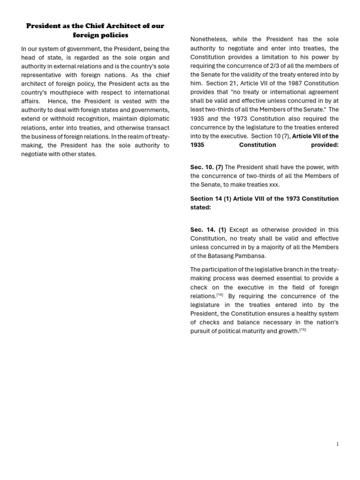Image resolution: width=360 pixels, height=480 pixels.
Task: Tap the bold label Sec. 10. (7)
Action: [x=207, y=167]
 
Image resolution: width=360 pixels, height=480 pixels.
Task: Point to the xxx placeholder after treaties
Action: [x=274, y=185]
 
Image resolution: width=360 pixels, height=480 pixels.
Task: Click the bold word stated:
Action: [x=201, y=207]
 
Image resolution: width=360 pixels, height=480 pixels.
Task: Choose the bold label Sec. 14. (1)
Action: [x=208, y=230]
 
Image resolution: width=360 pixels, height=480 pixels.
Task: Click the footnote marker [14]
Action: [x=220, y=295]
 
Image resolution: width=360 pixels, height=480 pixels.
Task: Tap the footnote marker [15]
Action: [x=302, y=330]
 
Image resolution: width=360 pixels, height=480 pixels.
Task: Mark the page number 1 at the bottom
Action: [x=337, y=444]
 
